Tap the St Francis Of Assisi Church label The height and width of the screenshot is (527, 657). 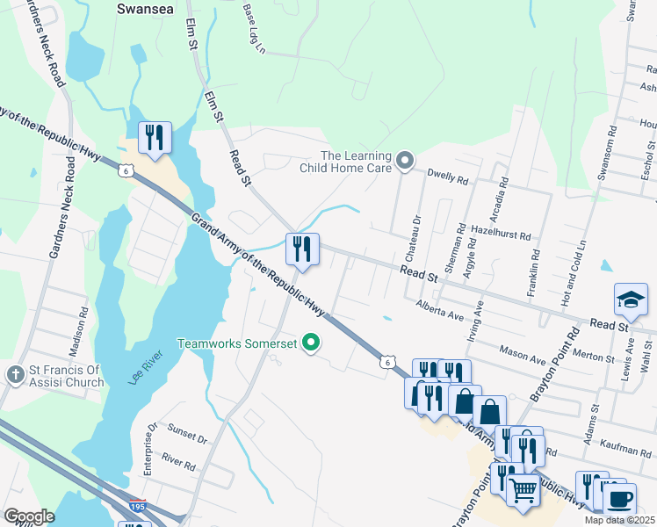click(x=65, y=375)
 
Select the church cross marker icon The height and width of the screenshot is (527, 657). click(x=15, y=375)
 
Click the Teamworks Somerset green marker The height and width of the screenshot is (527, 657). click(x=310, y=343)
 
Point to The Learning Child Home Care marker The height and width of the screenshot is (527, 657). click(x=404, y=160)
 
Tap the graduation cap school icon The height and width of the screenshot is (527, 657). click(x=631, y=300)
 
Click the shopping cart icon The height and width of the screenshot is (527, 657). click(x=523, y=490)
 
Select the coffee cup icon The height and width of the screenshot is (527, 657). click(x=621, y=497)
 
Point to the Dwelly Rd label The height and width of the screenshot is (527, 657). click(x=448, y=177)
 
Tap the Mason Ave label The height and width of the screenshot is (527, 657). click(x=523, y=357)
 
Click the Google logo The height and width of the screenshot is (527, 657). click(x=29, y=516)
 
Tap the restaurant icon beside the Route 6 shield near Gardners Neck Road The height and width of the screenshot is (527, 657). click(x=155, y=138)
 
